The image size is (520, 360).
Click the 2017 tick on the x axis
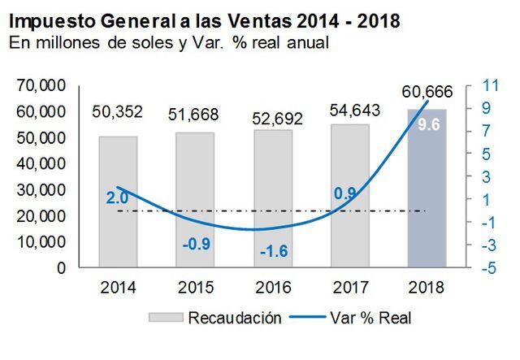point(349,287)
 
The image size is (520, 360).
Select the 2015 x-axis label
point(195,287)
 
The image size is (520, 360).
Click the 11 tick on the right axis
point(490,85)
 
